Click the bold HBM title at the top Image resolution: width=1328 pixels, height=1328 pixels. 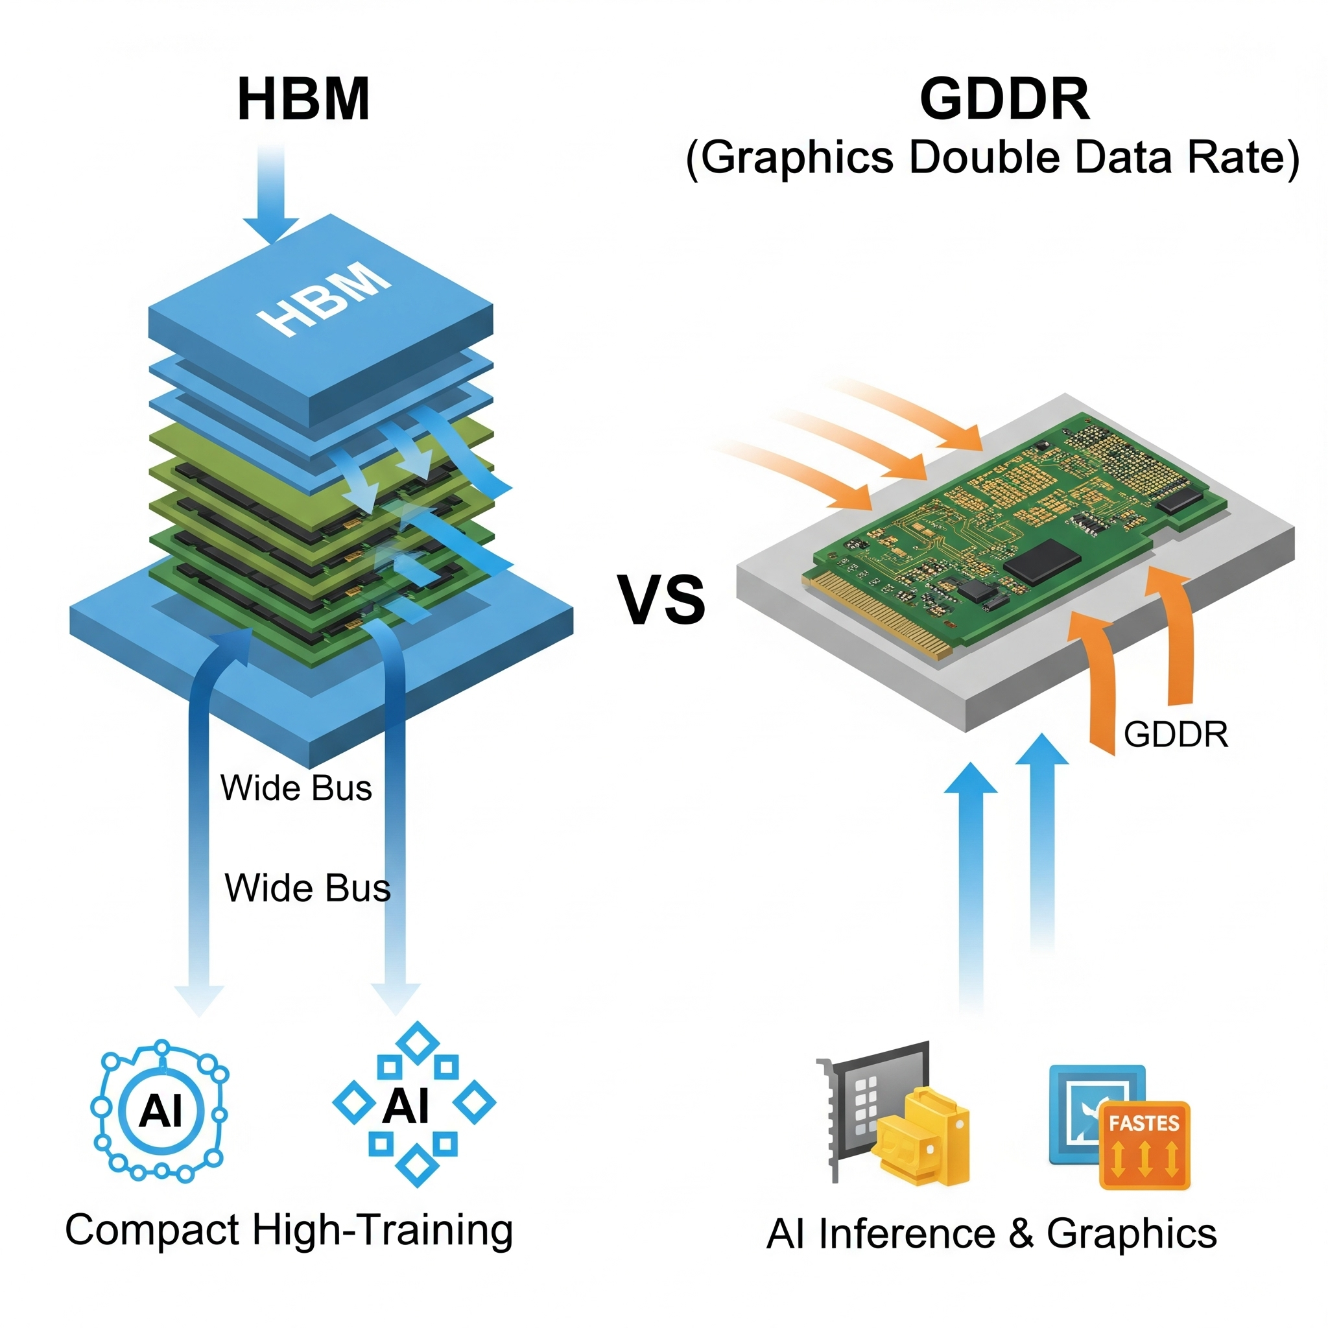point(303,100)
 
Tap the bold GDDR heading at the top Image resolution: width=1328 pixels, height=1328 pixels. point(1004,100)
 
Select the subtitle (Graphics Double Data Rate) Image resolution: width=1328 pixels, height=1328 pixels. point(992,158)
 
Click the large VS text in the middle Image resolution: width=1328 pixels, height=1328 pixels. point(663,599)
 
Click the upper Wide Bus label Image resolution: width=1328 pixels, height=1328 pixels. point(296,788)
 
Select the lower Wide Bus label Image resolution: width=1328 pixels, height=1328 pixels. point(307,888)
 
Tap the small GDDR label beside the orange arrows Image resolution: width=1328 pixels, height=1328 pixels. point(1176,735)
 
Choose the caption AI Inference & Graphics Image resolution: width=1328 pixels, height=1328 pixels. point(991,1233)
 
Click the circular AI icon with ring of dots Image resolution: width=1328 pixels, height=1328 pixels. point(160,1111)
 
